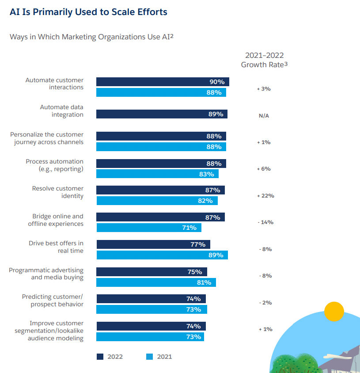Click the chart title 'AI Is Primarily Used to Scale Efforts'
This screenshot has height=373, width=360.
88,12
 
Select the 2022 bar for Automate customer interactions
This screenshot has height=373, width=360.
163,82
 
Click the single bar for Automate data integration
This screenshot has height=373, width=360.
162,114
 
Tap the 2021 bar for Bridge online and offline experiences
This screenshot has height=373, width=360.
149,228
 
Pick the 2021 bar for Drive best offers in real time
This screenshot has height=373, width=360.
162,255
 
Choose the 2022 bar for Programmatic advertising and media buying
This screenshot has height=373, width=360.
152,272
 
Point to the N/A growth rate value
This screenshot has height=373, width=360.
264,116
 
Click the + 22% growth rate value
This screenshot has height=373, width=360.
265,195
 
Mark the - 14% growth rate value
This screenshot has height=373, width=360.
265,222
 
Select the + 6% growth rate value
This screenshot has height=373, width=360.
264,169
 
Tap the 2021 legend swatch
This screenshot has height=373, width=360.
149,357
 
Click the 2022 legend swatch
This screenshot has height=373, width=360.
100,357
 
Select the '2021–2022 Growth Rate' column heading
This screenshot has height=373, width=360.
264,60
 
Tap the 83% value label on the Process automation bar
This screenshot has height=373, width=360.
206,174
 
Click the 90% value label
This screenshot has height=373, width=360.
217,82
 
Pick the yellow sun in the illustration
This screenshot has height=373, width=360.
334,312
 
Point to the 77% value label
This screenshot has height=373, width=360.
198,244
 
